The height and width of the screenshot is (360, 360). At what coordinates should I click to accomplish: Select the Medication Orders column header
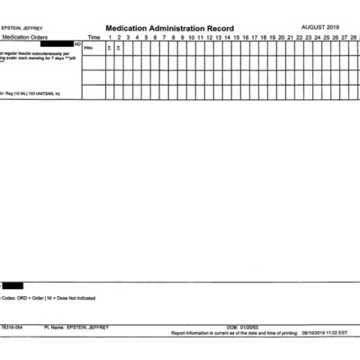pyautogui.click(x=26, y=37)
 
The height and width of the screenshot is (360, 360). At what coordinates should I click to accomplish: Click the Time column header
pyautogui.click(x=94, y=37)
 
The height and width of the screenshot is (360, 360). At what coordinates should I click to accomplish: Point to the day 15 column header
pyautogui.click(x=236, y=37)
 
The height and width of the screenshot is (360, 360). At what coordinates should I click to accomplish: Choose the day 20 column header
pyautogui.click(x=281, y=37)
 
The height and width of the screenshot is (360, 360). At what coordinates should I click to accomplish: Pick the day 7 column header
pyautogui.click(x=164, y=37)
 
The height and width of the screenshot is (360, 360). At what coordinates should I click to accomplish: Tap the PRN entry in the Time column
pyautogui.click(x=88, y=48)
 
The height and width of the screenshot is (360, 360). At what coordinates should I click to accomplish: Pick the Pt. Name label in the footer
pyautogui.click(x=53, y=327)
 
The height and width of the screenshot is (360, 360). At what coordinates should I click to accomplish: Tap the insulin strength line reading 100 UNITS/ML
pyautogui.click(x=36, y=93)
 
